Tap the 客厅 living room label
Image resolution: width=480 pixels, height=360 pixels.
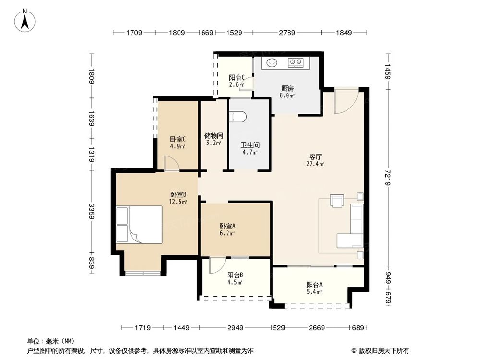tap(316, 156)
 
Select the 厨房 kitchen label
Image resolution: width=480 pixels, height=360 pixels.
tap(288, 88)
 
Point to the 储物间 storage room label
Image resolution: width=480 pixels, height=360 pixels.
tap(213, 135)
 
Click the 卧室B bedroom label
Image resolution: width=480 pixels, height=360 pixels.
tap(178, 194)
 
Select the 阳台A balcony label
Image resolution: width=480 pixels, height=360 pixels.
tap(314, 284)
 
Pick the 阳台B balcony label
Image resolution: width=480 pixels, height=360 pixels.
tap(235, 275)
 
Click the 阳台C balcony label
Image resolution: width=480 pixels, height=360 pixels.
tap(237, 77)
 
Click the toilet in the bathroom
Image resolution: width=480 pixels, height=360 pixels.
tap(238, 117)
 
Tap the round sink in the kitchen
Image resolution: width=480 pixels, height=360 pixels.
tap(272, 62)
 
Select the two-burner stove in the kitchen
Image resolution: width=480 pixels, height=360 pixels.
tap(296, 62)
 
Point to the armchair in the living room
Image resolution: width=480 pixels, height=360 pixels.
tap(337, 200)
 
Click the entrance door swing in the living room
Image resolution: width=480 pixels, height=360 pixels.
tap(345, 101)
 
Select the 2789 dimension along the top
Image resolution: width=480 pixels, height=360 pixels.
tap(287, 33)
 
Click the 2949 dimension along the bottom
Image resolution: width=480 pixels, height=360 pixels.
tap(236, 328)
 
